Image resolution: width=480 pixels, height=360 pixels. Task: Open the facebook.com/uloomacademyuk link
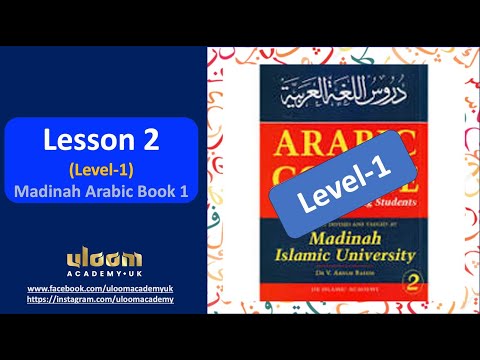98,288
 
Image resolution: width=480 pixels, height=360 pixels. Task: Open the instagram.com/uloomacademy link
98,299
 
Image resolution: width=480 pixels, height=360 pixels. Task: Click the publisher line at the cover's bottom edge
319,297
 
